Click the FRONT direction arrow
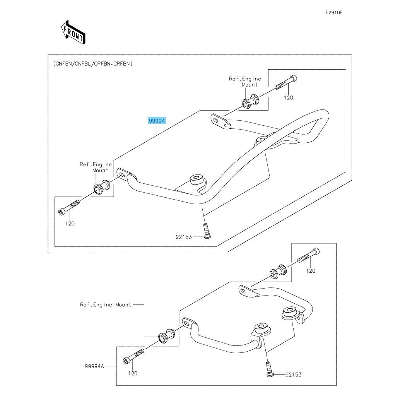click(73, 32)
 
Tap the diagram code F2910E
click(334, 12)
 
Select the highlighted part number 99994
click(157, 121)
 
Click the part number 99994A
click(95, 365)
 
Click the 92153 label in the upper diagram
click(184, 237)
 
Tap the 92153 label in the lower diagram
click(294, 374)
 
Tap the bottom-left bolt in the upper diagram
click(69, 207)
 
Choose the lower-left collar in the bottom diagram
click(165, 336)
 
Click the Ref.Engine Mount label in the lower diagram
click(106, 305)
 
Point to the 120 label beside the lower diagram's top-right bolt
click(311, 271)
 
